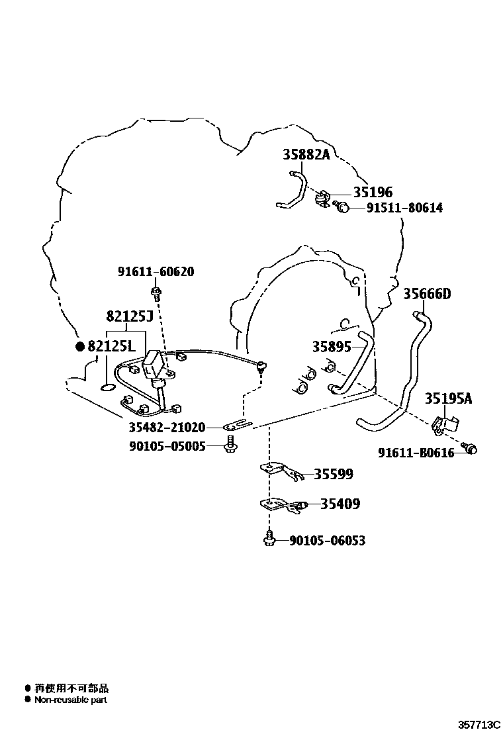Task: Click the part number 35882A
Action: click(306, 154)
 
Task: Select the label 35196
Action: click(373, 192)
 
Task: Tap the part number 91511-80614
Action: click(404, 207)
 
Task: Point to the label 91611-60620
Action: click(156, 271)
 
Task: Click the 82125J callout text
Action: click(130, 316)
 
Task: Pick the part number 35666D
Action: click(427, 294)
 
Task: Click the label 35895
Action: click(332, 346)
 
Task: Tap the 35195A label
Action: click(449, 398)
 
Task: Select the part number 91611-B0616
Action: click(416, 453)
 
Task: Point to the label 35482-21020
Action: click(167, 427)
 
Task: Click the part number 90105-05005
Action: click(167, 446)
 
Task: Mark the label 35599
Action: click(333, 474)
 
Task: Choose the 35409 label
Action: click(340, 504)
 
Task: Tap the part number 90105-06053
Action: click(327, 540)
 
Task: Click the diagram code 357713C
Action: click(479, 725)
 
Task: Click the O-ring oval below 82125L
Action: click(107, 387)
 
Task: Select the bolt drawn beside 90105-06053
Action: click(269, 538)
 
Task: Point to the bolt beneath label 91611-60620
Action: click(156, 292)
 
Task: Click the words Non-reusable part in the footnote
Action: click(71, 700)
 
